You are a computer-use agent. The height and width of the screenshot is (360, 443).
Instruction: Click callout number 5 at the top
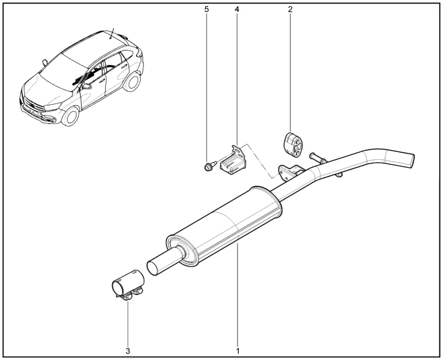point(207,9)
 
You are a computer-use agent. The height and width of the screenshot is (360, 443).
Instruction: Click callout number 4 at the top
point(237,9)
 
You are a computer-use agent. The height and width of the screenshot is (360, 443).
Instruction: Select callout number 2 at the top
point(290,9)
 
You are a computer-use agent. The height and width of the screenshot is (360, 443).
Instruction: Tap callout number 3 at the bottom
point(128,351)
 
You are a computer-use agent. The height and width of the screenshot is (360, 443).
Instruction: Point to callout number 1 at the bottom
point(238,351)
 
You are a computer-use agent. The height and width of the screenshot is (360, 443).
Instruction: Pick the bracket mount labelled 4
point(234,160)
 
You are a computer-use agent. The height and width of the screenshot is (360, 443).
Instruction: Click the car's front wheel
point(70,116)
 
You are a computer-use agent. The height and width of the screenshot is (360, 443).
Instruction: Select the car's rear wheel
point(132,82)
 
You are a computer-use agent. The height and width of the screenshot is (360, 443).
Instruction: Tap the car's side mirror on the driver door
point(86,86)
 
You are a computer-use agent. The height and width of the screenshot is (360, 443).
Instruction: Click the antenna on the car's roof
point(112,33)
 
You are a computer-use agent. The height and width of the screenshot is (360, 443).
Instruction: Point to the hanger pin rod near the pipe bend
point(318,158)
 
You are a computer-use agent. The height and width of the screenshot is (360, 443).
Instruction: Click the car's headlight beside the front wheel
point(52,107)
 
